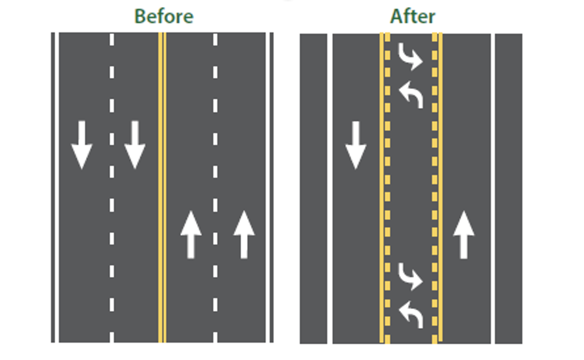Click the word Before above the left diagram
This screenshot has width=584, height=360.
coord(163,17)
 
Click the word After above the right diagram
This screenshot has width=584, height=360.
coord(413,17)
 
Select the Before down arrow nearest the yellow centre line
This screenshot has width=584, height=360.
coord(135,145)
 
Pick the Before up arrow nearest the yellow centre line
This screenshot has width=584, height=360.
coord(191,235)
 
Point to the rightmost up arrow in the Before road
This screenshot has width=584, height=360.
coord(244,235)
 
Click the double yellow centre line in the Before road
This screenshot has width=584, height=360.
coord(162,186)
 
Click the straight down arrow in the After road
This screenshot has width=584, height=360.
coord(355,145)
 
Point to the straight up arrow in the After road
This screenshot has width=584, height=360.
coord(464,235)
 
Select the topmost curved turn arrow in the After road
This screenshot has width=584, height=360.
coord(410,56)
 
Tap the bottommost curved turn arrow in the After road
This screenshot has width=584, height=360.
coord(411,315)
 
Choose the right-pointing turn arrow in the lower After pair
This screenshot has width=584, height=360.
coord(410,277)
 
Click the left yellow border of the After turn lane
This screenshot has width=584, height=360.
coord(384,186)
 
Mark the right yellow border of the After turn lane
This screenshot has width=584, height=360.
coord(437,186)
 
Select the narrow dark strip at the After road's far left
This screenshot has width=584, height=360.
coord(313,186)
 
